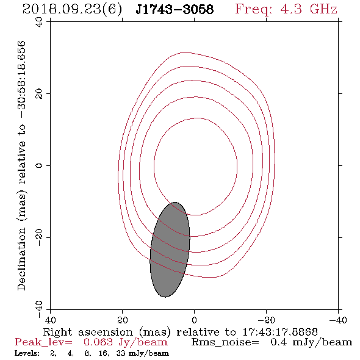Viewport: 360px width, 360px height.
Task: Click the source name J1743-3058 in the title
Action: (175, 9)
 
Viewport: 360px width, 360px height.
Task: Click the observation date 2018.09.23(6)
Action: (72, 10)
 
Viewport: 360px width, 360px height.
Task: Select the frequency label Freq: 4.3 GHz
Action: (286, 9)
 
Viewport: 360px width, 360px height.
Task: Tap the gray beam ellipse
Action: (170, 250)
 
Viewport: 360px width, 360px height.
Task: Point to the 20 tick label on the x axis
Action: (122, 320)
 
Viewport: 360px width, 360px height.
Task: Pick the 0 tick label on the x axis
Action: (194, 320)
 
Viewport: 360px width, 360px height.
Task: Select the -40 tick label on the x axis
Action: (337, 320)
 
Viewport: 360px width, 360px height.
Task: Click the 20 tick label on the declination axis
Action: (39, 94)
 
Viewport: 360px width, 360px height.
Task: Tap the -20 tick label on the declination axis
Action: (39, 237)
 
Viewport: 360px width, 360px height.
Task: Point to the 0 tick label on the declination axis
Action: (39, 165)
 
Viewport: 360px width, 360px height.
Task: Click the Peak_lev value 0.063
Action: (98, 342)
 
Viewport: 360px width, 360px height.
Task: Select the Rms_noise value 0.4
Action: (278, 342)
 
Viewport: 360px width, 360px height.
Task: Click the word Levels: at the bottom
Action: (27, 353)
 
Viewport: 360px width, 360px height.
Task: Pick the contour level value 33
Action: (121, 353)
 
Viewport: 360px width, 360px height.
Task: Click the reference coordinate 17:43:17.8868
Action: (280, 332)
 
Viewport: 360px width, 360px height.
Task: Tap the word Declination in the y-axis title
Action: (21, 259)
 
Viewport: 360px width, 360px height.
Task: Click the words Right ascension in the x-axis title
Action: (88, 332)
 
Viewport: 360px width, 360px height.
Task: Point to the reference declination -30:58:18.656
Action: (21, 80)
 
